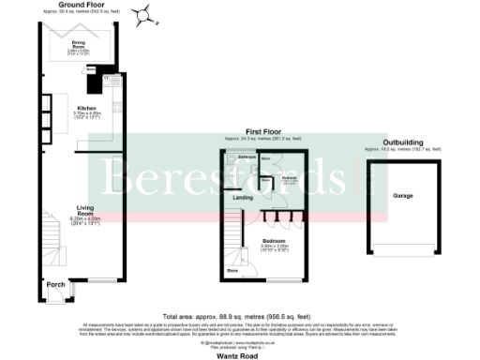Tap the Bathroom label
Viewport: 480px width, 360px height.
coord(247,157)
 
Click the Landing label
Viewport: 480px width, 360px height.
coord(242,198)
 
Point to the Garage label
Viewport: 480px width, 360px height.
coord(403,196)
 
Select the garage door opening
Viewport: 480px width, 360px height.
coord(403,250)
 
